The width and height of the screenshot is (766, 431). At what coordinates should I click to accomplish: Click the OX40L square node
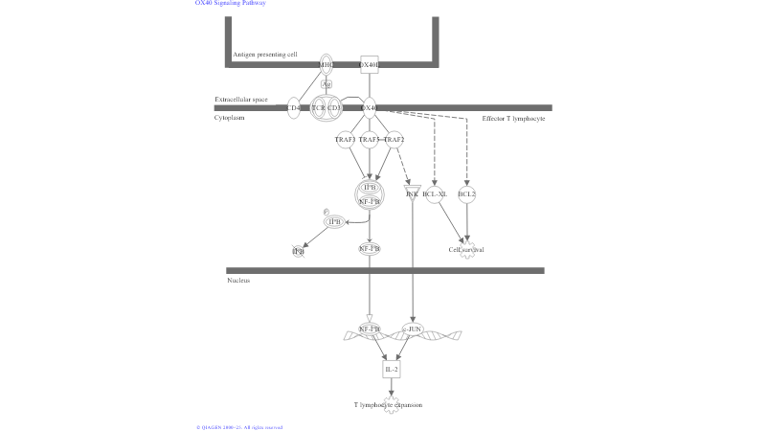point(369,65)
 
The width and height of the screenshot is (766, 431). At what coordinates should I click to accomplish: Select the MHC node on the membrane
point(326,65)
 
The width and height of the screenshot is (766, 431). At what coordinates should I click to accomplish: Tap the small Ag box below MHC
point(326,84)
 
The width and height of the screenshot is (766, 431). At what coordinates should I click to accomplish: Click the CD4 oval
point(294,108)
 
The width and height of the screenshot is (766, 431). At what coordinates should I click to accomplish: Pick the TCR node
point(318,108)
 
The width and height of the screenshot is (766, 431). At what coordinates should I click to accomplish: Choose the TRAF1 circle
point(345,140)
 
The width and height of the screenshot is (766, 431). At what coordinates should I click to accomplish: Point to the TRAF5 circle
point(369,140)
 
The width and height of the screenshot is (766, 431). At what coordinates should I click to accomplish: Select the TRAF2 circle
point(394,140)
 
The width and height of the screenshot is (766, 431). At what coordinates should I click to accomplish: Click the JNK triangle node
point(412,193)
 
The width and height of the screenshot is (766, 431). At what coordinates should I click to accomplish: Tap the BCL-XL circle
point(435,194)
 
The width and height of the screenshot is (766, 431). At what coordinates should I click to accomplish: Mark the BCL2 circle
point(467,194)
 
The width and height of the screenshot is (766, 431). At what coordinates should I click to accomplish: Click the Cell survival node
point(466,250)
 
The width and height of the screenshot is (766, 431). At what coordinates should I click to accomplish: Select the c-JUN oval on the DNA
point(412,329)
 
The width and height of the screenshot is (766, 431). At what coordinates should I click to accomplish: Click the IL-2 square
point(391,369)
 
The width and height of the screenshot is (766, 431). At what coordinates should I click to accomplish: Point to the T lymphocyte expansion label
point(388,405)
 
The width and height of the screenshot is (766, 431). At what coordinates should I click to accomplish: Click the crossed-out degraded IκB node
point(299,251)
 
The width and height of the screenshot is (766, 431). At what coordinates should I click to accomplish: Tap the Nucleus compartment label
point(238,281)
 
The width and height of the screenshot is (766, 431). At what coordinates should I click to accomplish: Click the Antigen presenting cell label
point(264,55)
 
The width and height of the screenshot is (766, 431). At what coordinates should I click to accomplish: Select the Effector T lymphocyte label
point(513,118)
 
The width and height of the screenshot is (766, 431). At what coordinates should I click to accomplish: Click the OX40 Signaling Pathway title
point(230,3)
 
